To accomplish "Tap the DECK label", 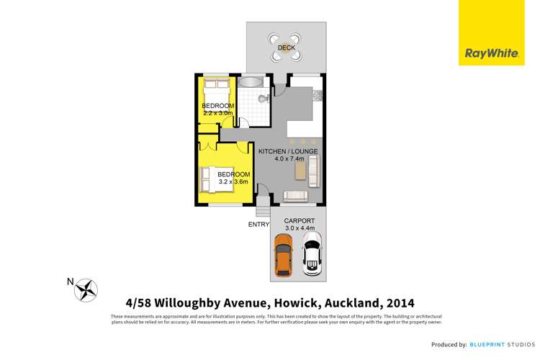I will (287, 48).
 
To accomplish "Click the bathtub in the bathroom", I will (252, 82).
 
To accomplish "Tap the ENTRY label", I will (258, 225).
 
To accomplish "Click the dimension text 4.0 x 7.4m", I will (292, 159).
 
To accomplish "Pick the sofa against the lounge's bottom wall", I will (295, 196).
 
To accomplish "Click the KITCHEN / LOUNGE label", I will (292, 151).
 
